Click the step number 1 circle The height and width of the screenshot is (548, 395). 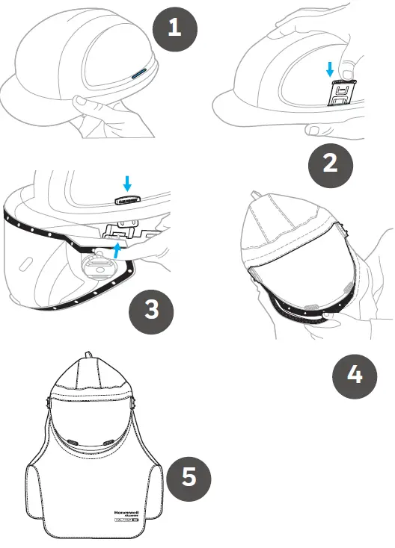tap(175, 28)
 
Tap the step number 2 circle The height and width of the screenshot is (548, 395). tap(330, 163)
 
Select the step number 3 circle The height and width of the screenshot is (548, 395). tap(152, 308)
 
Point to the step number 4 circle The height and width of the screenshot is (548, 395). tap(355, 373)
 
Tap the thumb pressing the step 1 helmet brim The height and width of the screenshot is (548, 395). tap(80, 99)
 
